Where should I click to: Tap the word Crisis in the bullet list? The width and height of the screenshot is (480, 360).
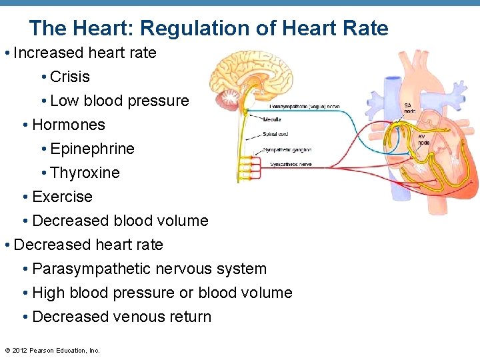[x=70, y=77]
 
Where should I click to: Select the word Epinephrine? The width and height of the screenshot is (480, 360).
[x=92, y=149]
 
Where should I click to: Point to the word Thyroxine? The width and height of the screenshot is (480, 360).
[x=85, y=173]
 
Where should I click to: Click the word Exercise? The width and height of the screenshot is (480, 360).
[x=62, y=197]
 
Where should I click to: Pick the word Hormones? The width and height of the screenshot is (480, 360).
[x=69, y=125]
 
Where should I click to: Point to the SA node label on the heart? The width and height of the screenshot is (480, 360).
[x=409, y=108]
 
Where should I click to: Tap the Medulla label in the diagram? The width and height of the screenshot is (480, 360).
[x=272, y=121]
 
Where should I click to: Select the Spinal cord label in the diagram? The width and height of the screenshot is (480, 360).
[x=275, y=135]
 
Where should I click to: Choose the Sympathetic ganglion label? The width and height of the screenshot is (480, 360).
[x=291, y=150]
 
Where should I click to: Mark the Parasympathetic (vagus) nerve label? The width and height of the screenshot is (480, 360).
[x=304, y=107]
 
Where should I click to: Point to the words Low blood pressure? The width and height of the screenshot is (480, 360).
[x=119, y=101]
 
